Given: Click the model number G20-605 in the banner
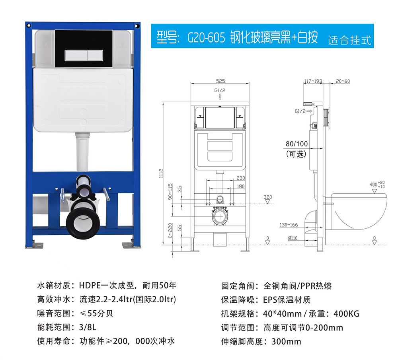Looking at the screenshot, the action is (x=206, y=37).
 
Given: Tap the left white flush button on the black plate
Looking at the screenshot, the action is (x=76, y=55).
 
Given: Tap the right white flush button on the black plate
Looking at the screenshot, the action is (x=95, y=55).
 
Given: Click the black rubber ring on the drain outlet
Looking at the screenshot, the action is (x=83, y=223).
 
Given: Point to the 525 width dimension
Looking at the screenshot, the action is (x=220, y=81).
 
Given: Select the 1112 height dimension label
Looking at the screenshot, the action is (x=161, y=173).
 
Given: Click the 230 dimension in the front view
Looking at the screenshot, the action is (x=241, y=178).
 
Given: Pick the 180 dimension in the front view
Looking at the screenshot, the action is (x=241, y=186).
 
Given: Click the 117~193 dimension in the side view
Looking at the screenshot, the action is (x=313, y=81).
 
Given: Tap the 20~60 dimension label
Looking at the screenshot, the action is (x=343, y=81).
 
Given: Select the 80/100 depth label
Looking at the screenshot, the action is (x=297, y=144).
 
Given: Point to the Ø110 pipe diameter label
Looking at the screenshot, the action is (x=293, y=238).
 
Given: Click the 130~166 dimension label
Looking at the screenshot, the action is (x=289, y=225).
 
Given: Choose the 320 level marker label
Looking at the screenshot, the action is (x=267, y=197).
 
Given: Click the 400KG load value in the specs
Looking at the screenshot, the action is (x=347, y=314).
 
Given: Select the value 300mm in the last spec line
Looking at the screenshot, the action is (x=286, y=341).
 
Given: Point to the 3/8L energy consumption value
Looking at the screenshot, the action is (x=88, y=327).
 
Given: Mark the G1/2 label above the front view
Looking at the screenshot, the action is (x=220, y=91).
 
